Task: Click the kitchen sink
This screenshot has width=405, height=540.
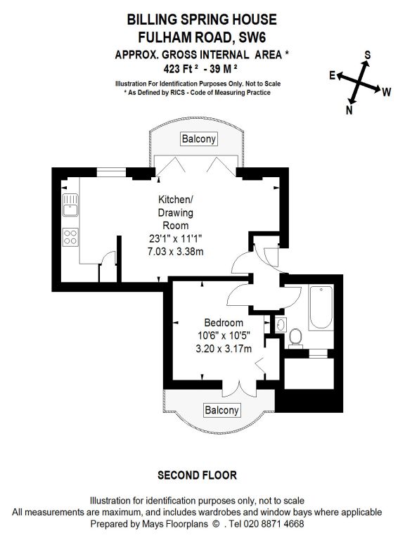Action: [x=70, y=205]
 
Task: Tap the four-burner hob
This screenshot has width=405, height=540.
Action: [x=70, y=237]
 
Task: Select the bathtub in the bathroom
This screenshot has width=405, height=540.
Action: [x=321, y=307]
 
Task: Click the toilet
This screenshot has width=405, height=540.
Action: [x=295, y=337]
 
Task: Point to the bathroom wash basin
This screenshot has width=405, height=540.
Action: [x=281, y=325]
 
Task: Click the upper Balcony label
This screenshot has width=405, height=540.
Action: [x=199, y=139]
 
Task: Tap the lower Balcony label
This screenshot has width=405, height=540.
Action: [x=221, y=410]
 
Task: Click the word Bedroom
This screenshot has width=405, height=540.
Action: [x=224, y=323]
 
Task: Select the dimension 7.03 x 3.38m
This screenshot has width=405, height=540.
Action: [x=175, y=252]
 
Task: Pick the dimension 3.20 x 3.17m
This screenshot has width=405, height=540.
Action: [x=224, y=349]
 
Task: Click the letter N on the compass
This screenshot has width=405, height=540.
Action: [x=349, y=110]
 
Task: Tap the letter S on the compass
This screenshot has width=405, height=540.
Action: [x=368, y=55]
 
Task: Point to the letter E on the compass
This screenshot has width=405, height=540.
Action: [x=332, y=75]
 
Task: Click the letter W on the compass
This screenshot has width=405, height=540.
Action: [x=387, y=92]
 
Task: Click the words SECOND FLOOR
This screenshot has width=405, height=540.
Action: [x=197, y=475]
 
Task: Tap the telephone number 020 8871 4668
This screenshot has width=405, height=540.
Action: [x=274, y=524]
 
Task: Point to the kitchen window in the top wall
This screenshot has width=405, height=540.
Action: [x=111, y=172]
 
